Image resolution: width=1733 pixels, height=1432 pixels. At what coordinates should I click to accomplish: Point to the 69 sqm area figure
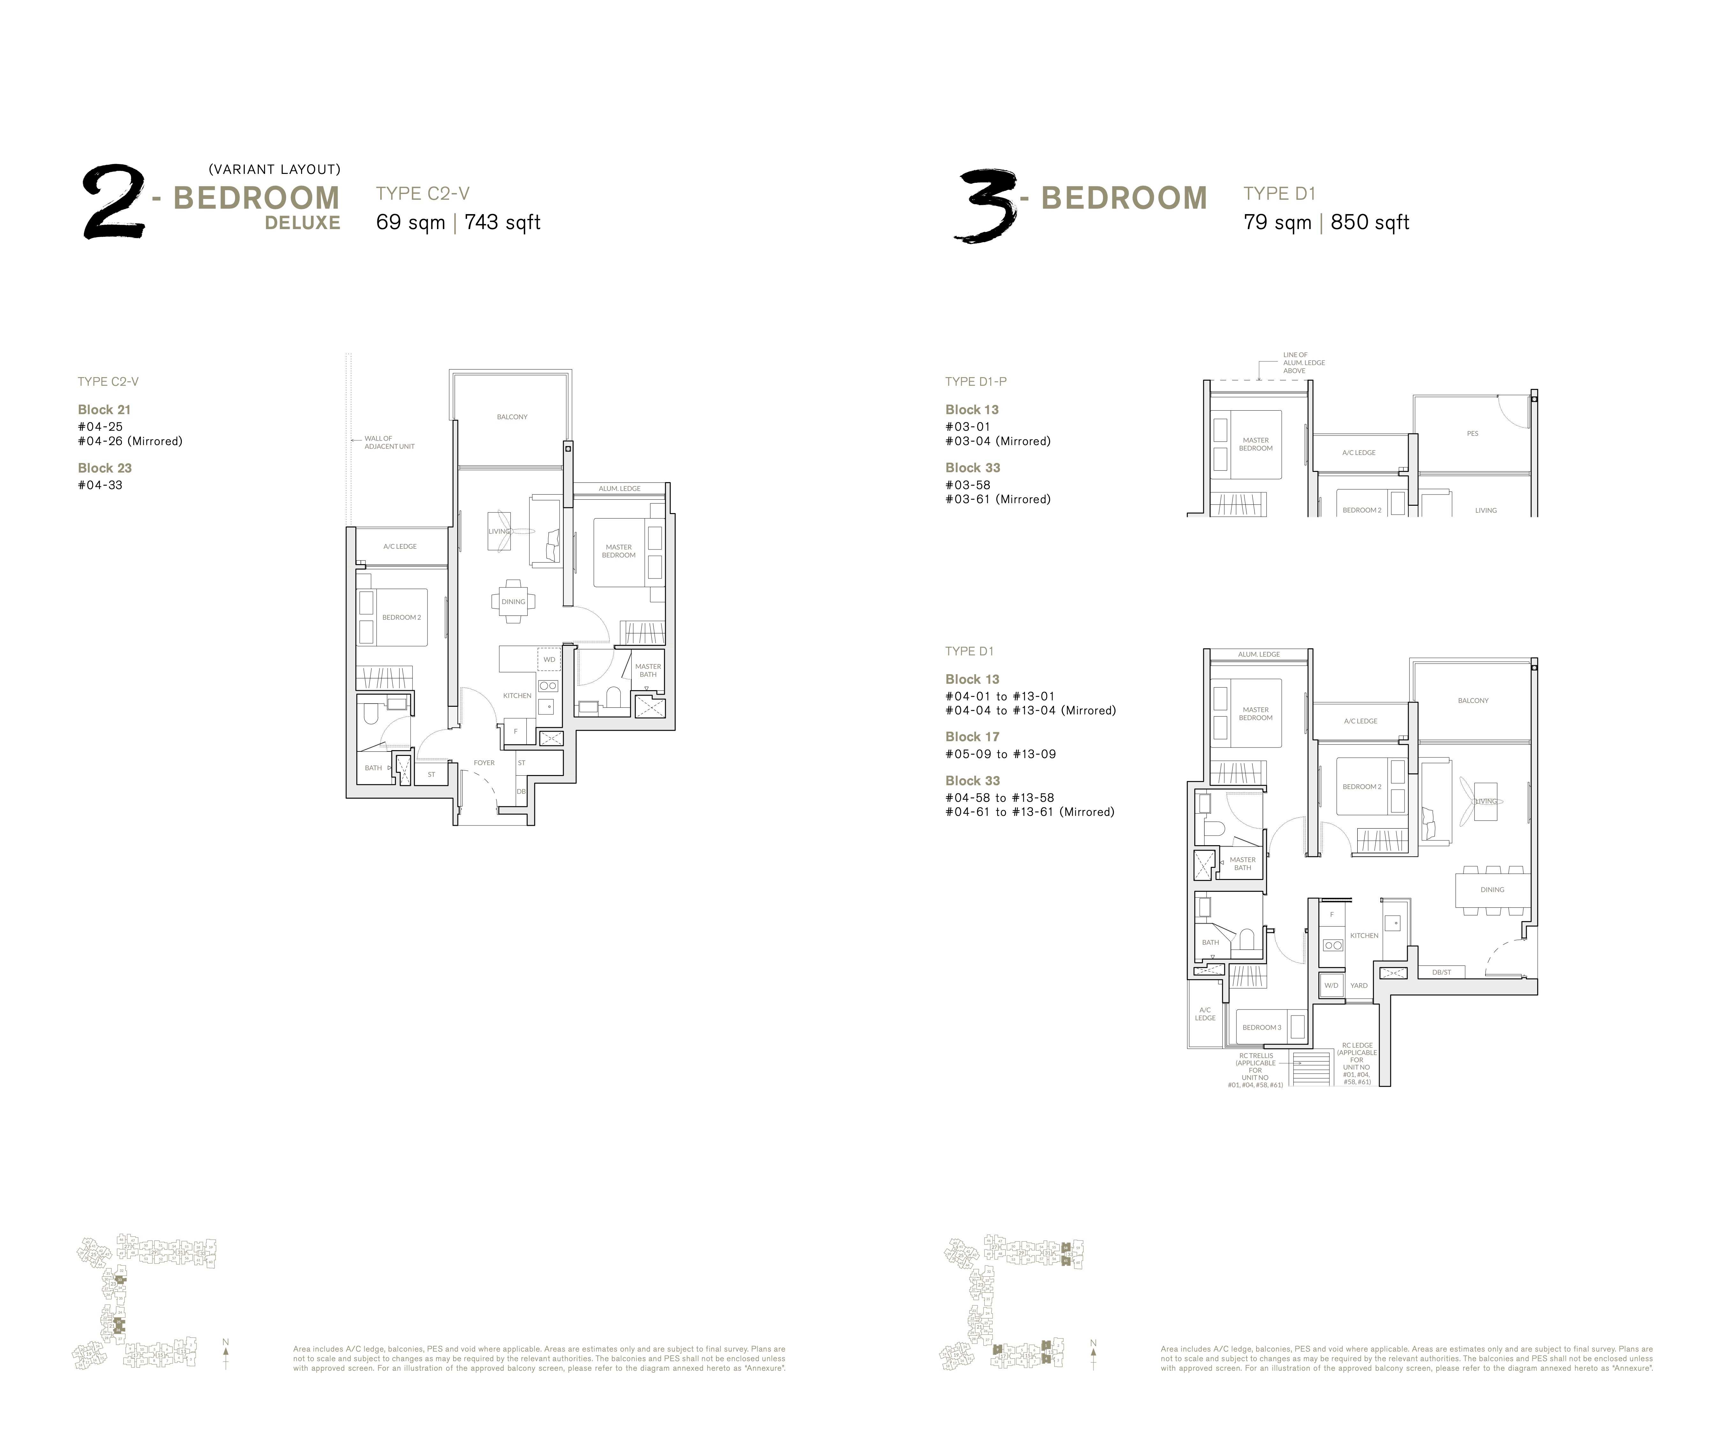tap(410, 223)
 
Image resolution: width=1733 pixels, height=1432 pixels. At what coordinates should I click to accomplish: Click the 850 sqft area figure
tap(1369, 223)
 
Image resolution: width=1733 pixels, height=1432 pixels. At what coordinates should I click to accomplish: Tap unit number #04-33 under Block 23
tap(100, 485)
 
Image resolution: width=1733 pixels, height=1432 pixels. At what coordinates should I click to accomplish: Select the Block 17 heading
tap(972, 737)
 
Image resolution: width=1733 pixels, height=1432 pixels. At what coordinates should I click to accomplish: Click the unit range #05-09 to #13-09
tap(1000, 754)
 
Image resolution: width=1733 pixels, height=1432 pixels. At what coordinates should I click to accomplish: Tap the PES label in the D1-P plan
tap(1472, 433)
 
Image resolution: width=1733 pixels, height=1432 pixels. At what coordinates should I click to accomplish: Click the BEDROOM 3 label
tap(1262, 1027)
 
